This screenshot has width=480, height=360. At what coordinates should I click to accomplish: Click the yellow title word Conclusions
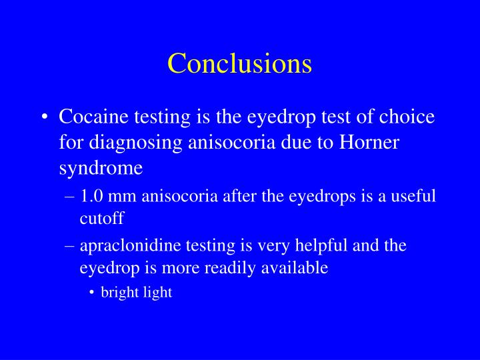tap(239, 63)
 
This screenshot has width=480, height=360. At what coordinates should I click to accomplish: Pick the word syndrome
tap(100, 168)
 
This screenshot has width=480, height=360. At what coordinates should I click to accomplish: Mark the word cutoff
tap(102, 218)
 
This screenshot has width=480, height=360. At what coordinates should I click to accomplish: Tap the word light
tap(157, 293)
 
